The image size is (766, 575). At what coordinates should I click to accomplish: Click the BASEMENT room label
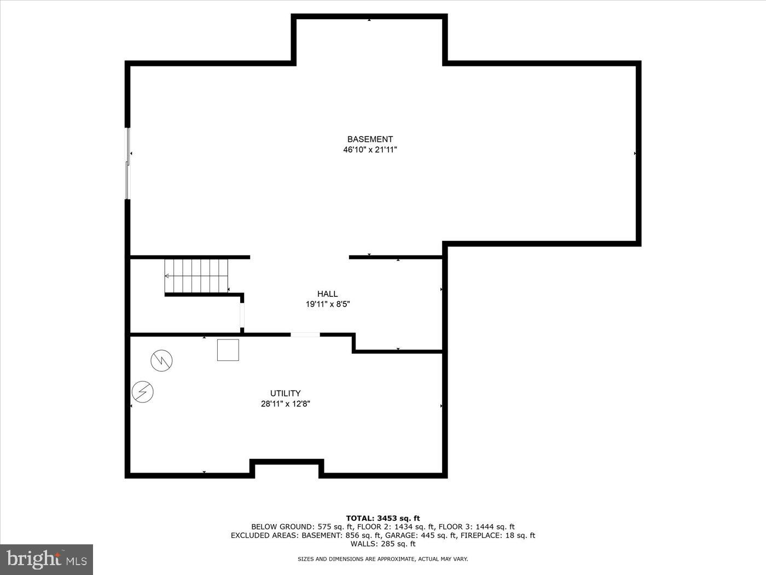click(x=370, y=139)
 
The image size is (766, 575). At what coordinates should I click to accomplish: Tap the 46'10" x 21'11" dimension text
click(x=370, y=150)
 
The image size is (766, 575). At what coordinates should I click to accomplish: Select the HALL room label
click(x=327, y=294)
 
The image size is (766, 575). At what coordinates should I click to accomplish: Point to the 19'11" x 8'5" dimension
click(x=327, y=304)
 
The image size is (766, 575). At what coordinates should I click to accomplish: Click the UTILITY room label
click(x=285, y=393)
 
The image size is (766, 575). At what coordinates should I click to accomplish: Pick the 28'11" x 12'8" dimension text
click(x=285, y=404)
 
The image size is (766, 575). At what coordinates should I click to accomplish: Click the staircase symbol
click(x=196, y=276)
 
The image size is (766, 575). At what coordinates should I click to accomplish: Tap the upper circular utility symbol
click(x=161, y=360)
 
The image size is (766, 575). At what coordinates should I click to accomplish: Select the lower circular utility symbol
click(x=143, y=392)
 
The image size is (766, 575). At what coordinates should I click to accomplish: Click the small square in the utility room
click(x=228, y=350)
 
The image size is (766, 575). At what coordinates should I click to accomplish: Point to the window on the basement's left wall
click(x=128, y=163)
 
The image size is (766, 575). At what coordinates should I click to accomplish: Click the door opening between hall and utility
click(x=305, y=334)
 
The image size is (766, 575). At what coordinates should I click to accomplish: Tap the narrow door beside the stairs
click(x=242, y=314)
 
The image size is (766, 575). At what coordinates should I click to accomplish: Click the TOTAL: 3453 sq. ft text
click(x=383, y=518)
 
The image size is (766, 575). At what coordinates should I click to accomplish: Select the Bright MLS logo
click(x=47, y=560)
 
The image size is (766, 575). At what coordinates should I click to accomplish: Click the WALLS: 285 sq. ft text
click(x=383, y=544)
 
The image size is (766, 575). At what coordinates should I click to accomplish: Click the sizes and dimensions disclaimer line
click(x=383, y=559)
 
